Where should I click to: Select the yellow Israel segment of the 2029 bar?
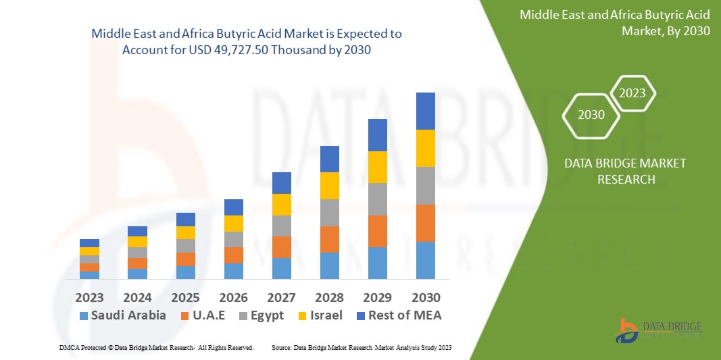click(x=377, y=167)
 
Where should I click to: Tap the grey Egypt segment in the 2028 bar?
click(x=329, y=212)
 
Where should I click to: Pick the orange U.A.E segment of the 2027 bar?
click(x=281, y=247)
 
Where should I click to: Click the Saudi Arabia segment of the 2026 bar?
click(x=234, y=271)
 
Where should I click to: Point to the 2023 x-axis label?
click(x=90, y=298)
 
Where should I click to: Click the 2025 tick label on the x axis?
click(x=186, y=298)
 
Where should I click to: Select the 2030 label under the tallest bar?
click(x=426, y=298)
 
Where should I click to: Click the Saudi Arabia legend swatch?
click(x=84, y=315)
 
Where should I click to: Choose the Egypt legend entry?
click(x=260, y=315)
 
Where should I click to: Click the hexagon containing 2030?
click(x=591, y=115)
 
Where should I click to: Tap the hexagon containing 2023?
click(x=632, y=93)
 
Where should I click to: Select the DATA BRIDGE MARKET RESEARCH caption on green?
click(x=616, y=172)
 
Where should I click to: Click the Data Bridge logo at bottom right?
click(x=659, y=329)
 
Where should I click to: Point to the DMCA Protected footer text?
click(x=156, y=347)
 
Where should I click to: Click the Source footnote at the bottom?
click(x=362, y=347)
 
